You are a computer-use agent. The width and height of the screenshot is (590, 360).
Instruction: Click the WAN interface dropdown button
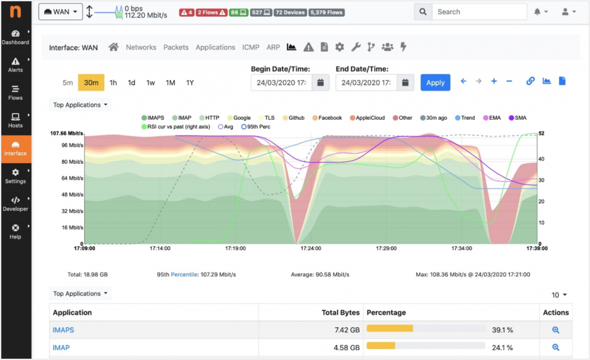pyautogui.click(x=60, y=12)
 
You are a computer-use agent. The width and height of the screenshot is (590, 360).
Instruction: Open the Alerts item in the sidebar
pyautogui.click(x=16, y=65)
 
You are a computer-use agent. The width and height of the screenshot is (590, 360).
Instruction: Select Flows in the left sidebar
pyautogui.click(x=16, y=92)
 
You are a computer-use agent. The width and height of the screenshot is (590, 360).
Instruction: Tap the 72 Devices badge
pyautogui.click(x=290, y=12)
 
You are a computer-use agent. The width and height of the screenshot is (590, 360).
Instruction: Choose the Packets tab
pyautogui.click(x=176, y=47)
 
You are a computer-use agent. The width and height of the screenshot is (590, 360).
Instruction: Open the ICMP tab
pyautogui.click(x=251, y=47)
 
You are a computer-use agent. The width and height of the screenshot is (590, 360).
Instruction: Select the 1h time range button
pyautogui.click(x=113, y=82)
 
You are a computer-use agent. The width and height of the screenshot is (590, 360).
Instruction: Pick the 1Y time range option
pyautogui.click(x=190, y=82)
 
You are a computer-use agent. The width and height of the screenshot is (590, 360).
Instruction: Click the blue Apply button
pyautogui.click(x=435, y=82)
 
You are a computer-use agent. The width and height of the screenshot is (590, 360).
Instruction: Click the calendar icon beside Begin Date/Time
pyautogui.click(x=320, y=82)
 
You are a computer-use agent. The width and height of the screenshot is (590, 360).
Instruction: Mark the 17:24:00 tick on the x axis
pyautogui.click(x=311, y=249)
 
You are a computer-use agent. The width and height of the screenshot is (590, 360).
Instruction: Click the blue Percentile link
pyautogui.click(x=184, y=275)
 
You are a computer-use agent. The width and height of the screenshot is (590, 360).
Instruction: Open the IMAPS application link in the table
pyautogui.click(x=63, y=330)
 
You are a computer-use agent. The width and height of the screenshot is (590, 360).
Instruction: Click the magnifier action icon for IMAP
pyautogui.click(x=555, y=347)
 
